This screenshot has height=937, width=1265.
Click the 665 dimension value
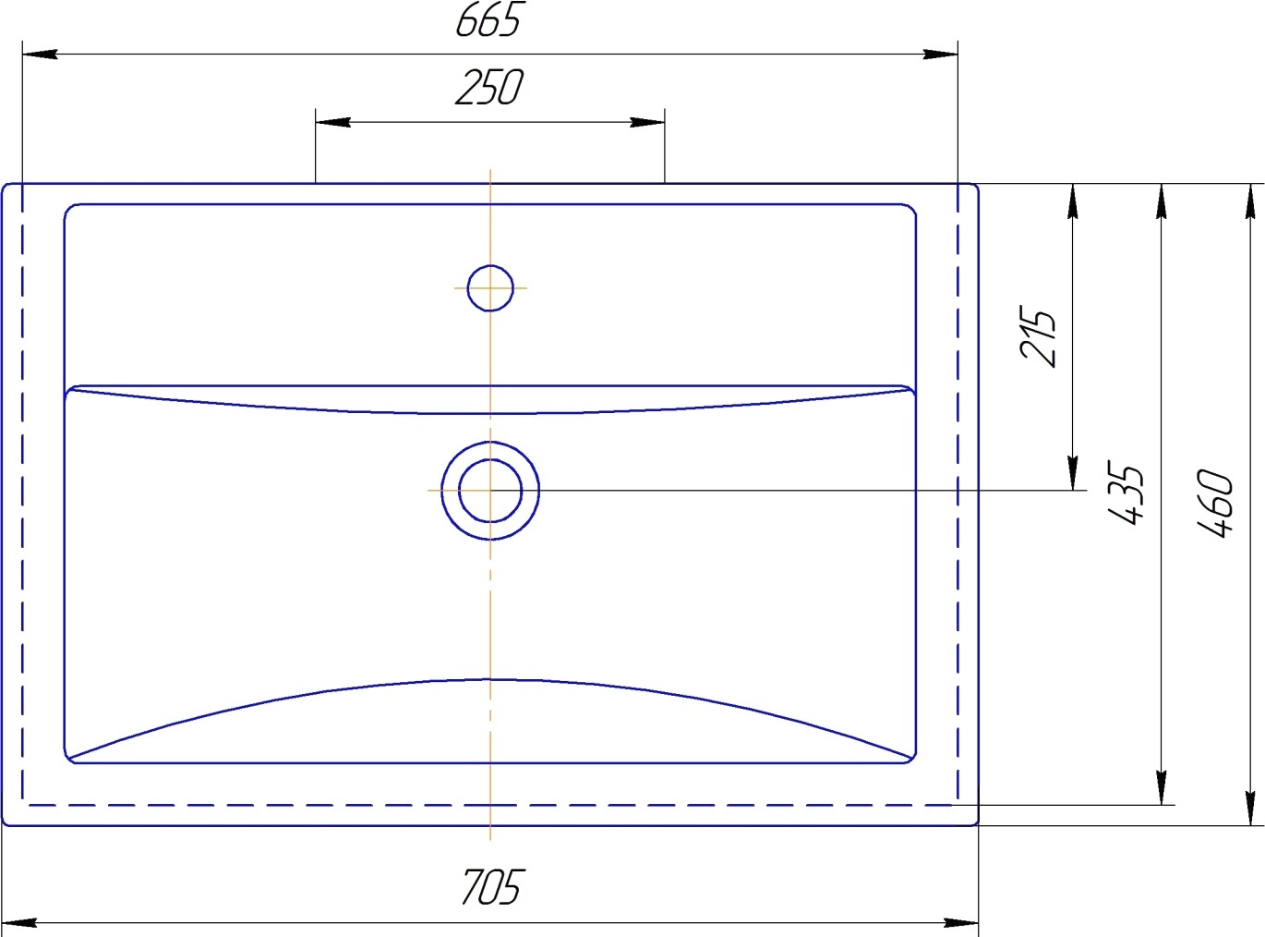[x=488, y=19]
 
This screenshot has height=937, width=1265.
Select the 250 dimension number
[x=489, y=88]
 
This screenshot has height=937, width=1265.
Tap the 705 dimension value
[x=491, y=887]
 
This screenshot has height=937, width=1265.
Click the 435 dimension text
[x=1126, y=493]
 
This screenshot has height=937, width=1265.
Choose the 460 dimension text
[x=1215, y=503]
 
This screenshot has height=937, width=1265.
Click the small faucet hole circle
[x=490, y=288]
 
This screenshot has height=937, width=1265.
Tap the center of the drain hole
[x=490, y=491]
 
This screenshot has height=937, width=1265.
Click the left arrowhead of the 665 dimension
[x=40, y=55]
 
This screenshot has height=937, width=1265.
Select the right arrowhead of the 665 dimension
[x=940, y=55]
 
